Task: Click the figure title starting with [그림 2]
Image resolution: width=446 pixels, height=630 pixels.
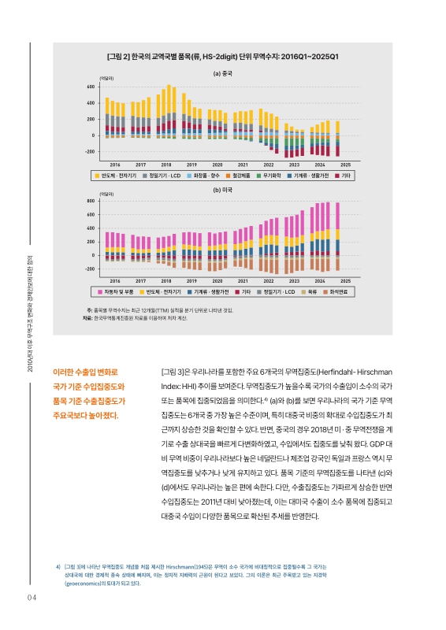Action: click(222, 57)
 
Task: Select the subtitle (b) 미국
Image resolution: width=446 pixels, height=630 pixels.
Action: click(222, 190)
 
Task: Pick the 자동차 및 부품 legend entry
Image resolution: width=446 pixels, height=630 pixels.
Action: click(116, 291)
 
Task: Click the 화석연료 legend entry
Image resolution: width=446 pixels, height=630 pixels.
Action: click(341, 291)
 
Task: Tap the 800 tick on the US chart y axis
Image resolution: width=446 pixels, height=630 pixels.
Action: click(93, 202)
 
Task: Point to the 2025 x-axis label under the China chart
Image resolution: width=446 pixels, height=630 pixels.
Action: click(345, 164)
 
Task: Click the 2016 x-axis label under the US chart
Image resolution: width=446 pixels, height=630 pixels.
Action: click(114, 280)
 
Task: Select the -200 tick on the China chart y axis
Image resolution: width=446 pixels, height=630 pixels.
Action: click(91, 152)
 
